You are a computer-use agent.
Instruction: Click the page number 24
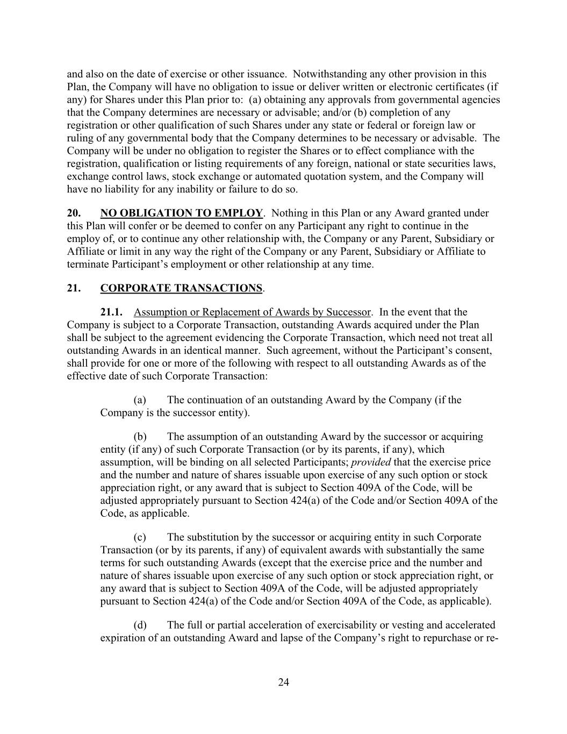(284, 682)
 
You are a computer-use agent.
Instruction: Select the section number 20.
(74, 213)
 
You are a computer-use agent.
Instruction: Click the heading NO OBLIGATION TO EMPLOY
(182, 213)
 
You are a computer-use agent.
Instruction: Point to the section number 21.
(74, 288)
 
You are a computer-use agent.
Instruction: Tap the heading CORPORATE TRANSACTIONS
(182, 288)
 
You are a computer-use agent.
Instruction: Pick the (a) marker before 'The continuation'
(140, 400)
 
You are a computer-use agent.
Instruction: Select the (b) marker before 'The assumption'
(140, 437)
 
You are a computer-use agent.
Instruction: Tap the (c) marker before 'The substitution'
(140, 537)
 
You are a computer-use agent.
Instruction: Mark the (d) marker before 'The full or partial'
(140, 625)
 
